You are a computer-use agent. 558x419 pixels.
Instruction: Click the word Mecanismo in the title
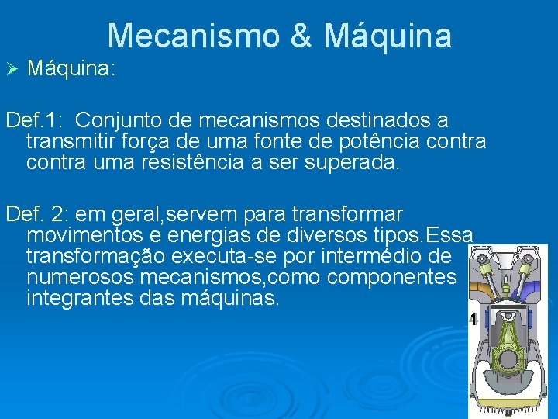202,36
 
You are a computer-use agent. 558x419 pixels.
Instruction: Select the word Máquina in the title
387,36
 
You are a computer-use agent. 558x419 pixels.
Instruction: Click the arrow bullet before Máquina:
11,69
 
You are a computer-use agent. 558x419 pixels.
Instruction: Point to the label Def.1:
35,121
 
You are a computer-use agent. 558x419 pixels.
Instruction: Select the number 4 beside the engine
472,319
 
